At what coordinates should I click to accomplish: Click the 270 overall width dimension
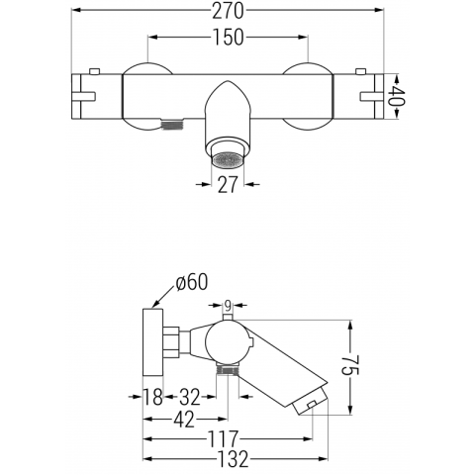tap(228, 11)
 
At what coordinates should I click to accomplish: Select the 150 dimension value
tap(228, 37)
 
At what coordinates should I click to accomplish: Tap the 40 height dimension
tap(396, 96)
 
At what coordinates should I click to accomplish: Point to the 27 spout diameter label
tap(228, 184)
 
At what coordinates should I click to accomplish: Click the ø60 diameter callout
tap(192, 283)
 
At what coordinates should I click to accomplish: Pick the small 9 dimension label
tap(228, 306)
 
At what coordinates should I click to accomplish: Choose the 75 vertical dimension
tap(350, 365)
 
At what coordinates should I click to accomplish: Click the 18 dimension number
tap(152, 397)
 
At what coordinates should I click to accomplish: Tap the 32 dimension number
tap(190, 397)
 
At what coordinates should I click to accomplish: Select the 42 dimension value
tap(184, 420)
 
